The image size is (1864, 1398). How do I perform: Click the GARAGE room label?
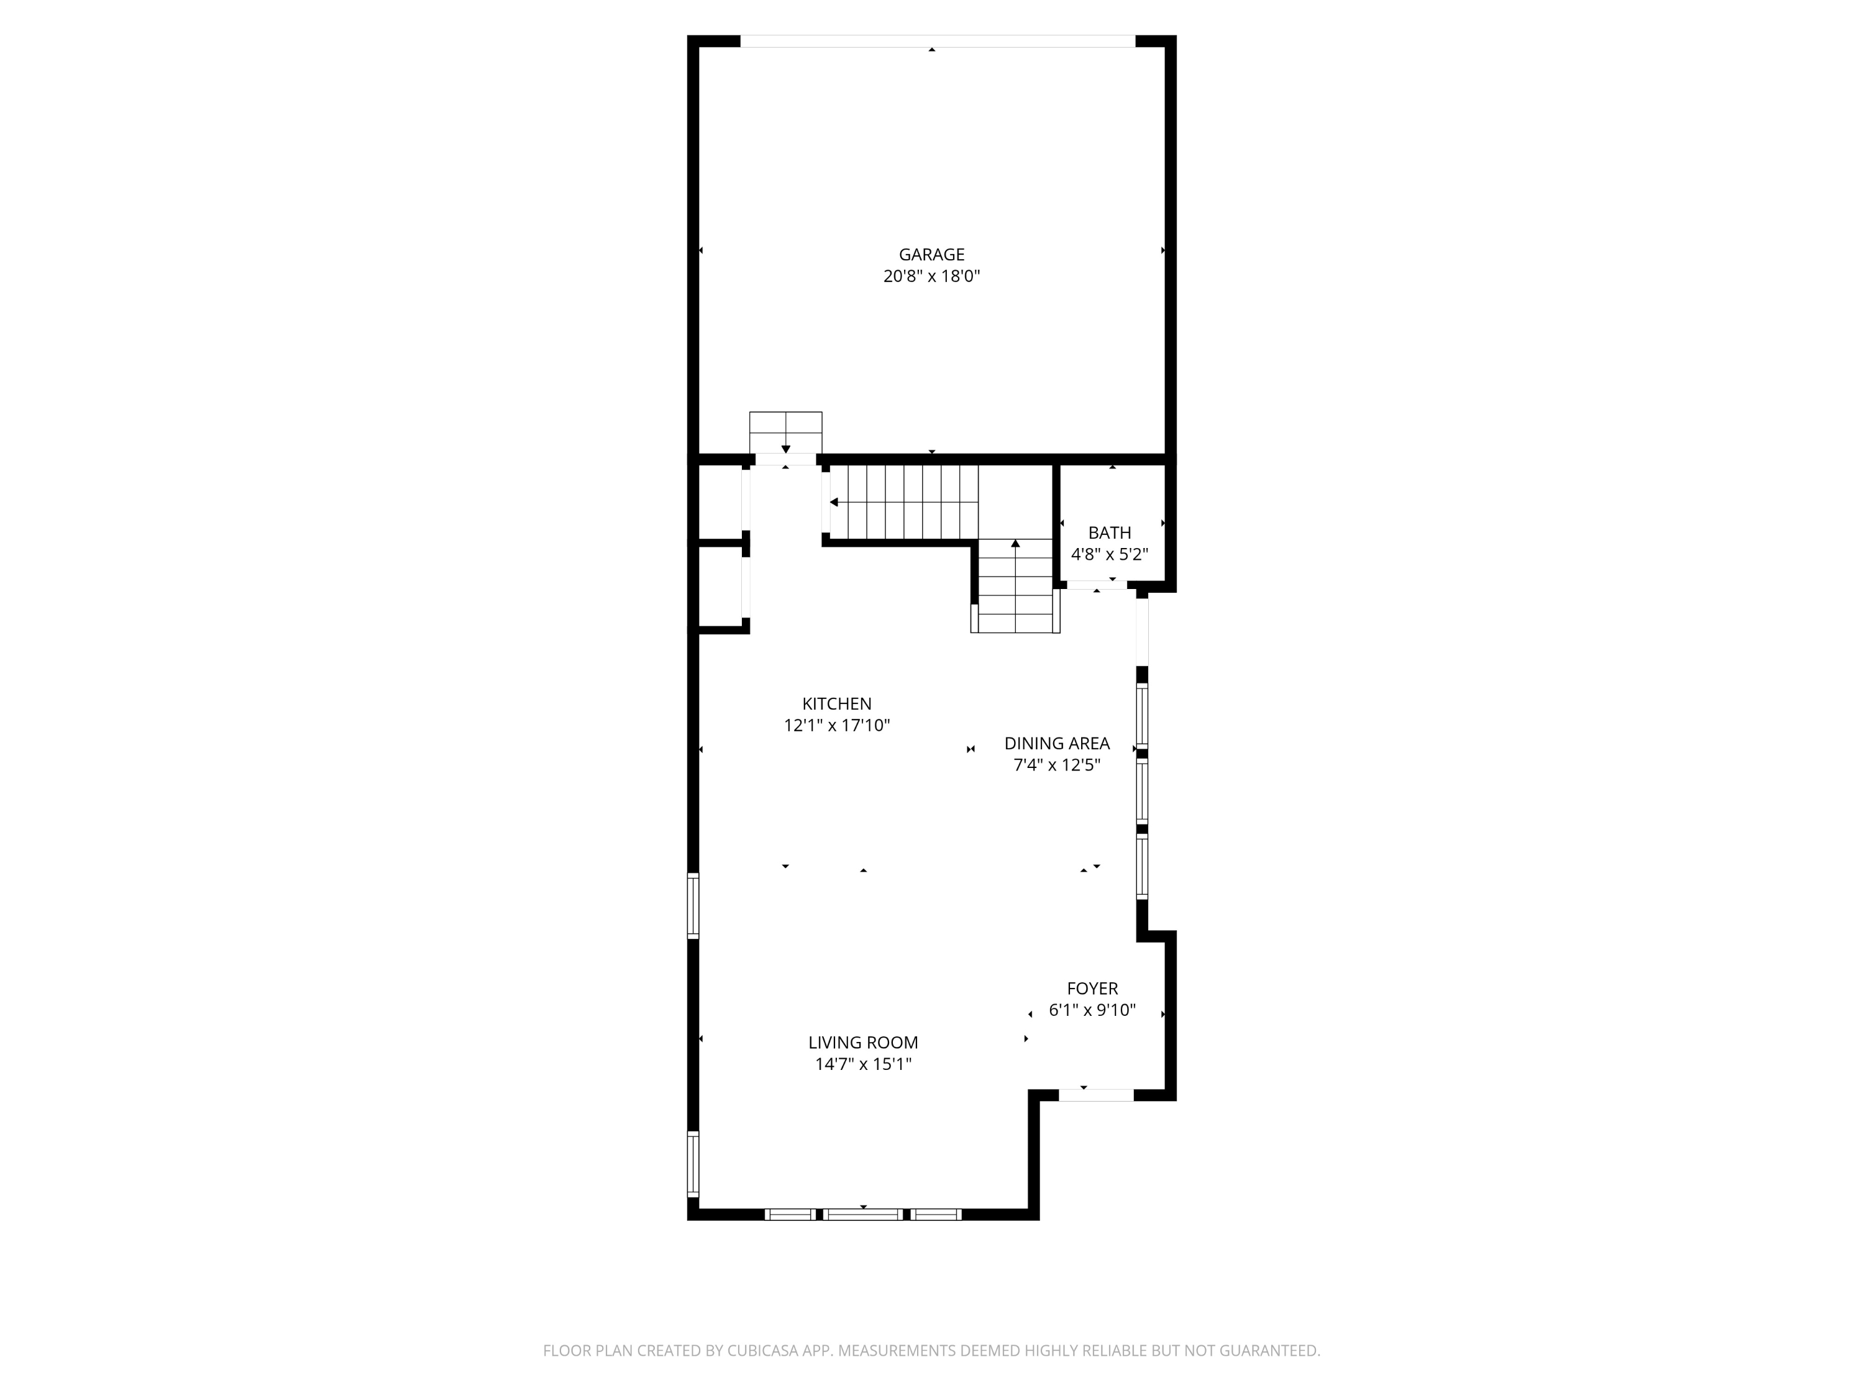931,255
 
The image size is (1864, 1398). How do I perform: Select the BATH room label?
1109,532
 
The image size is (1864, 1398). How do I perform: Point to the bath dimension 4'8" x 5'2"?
1109,554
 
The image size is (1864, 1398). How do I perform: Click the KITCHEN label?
837,703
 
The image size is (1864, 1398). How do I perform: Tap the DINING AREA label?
1057,743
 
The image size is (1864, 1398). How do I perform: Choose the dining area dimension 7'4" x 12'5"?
1057,765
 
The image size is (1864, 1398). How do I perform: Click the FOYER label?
1092,989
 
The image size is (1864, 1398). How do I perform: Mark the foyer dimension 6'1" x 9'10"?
1092,1010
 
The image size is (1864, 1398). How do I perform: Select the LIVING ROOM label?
863,1043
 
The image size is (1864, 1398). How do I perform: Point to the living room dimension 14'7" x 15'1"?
863,1064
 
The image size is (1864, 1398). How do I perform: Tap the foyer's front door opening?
1095,1095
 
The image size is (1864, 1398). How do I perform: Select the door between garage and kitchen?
785,459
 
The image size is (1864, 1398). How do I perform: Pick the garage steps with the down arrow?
785,433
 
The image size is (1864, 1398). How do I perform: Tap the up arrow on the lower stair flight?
1015,544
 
